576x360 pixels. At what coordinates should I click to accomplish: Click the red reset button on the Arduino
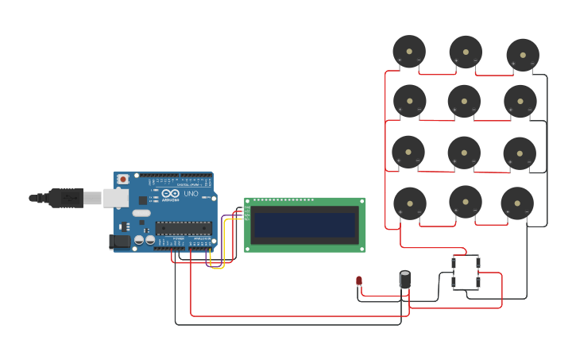click(x=123, y=180)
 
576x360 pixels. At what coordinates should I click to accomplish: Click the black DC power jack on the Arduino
click(x=119, y=241)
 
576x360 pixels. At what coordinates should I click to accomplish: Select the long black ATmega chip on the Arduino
click(x=184, y=228)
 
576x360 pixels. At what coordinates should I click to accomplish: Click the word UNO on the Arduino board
click(x=191, y=194)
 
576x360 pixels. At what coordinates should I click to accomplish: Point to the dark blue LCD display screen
click(x=304, y=225)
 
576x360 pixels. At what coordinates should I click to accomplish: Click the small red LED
click(x=359, y=281)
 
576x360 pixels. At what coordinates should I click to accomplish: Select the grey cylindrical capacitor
click(x=405, y=280)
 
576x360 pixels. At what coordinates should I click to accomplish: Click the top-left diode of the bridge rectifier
click(x=454, y=262)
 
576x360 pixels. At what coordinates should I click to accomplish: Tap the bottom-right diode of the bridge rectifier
click(x=477, y=282)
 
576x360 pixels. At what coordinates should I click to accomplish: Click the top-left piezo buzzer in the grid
click(x=409, y=52)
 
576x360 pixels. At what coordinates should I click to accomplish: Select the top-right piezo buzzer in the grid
click(x=523, y=55)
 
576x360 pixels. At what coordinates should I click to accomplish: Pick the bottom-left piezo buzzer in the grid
click(x=410, y=203)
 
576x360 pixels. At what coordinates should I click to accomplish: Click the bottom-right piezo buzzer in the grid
click(x=517, y=203)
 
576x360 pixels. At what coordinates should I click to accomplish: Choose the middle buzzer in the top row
click(x=466, y=52)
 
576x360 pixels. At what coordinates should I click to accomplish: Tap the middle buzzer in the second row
click(x=464, y=101)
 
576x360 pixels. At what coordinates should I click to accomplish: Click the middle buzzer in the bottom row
click(x=466, y=202)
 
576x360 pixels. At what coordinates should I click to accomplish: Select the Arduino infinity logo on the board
click(x=170, y=193)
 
